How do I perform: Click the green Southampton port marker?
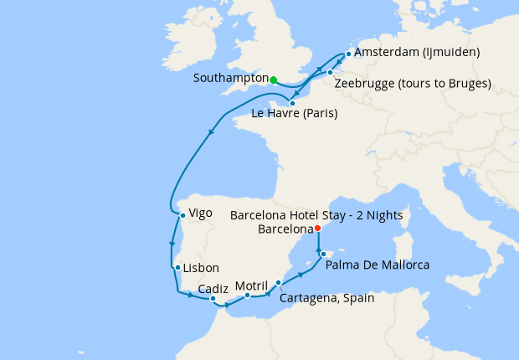click(274, 80)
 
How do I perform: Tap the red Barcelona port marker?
click(316, 228)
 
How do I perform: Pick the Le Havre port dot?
click(292, 104)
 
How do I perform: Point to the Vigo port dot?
click(182, 215)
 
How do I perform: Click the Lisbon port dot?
click(177, 268)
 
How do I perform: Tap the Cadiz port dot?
click(213, 298)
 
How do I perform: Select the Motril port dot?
click(248, 296)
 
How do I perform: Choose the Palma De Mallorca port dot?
click(323, 252)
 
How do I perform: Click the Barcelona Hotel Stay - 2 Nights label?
click(316, 215)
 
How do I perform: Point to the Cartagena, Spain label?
click(328, 297)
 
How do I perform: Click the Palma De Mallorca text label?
click(377, 265)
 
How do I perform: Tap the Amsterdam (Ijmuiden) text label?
click(417, 53)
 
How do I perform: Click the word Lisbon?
click(201, 268)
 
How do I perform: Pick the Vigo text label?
click(201, 213)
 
